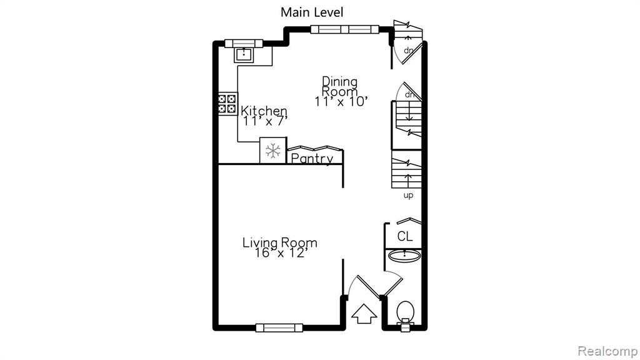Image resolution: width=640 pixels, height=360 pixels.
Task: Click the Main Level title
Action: point(312,12)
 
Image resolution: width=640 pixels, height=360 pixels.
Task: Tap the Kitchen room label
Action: point(264,111)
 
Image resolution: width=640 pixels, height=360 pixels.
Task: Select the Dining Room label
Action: point(339,86)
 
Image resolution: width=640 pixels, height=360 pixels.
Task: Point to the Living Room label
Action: point(279,243)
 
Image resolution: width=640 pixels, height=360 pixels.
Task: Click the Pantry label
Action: point(312,158)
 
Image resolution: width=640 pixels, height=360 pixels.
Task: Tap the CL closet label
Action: point(404,236)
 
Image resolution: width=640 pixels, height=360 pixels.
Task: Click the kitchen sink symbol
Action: point(244,54)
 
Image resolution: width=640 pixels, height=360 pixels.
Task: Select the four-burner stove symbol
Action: point(227,103)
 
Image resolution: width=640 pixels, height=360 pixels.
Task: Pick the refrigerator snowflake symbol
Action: point(273,151)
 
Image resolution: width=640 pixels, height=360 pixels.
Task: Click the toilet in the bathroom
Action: point(405,316)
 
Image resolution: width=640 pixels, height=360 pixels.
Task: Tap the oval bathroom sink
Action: point(404,256)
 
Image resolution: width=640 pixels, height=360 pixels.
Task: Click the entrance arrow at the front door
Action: point(364,314)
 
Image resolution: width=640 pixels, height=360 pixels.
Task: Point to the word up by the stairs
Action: point(408,196)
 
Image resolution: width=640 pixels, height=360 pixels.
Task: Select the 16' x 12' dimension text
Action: point(279,253)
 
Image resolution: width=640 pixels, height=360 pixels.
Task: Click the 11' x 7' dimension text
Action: point(265,121)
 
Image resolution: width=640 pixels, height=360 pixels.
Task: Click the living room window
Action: point(279,327)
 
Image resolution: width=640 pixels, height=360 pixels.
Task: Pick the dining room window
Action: point(345,29)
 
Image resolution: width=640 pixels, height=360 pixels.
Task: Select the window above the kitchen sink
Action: point(244,43)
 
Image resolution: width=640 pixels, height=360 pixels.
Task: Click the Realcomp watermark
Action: point(607,351)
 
